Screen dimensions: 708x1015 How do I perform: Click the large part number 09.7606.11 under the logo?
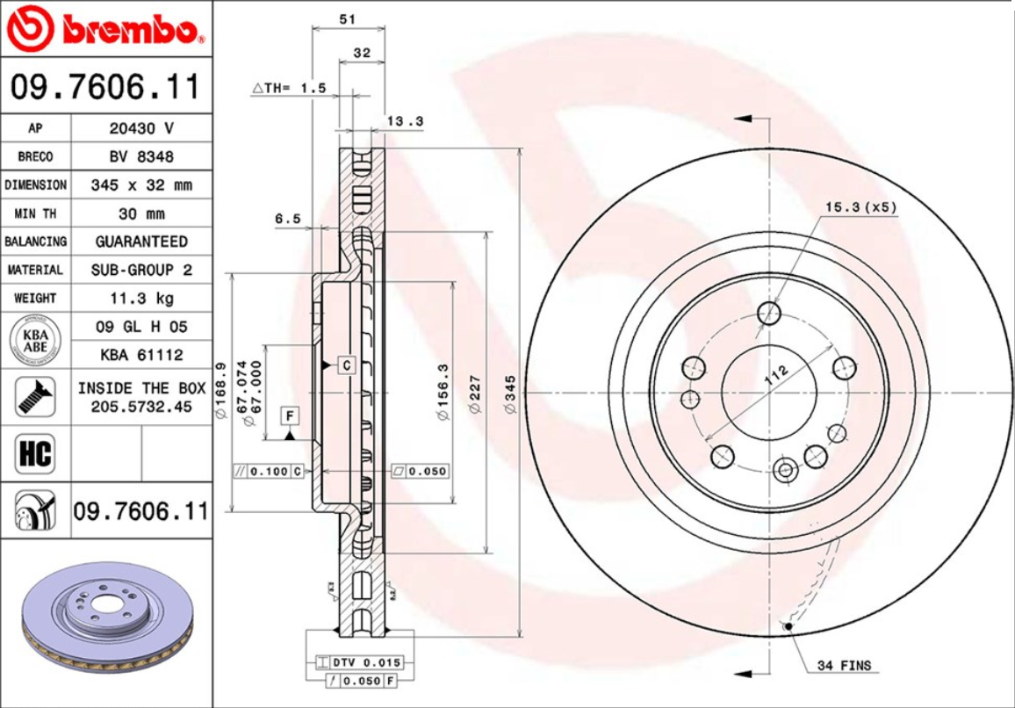pyautogui.click(x=105, y=87)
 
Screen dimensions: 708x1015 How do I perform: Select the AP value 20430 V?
pyautogui.click(x=141, y=128)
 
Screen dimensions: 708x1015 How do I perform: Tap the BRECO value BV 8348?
pyautogui.click(x=141, y=156)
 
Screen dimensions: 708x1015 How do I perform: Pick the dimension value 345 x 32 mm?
pyautogui.click(x=141, y=185)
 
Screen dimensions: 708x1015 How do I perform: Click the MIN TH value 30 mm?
pyautogui.click(x=141, y=213)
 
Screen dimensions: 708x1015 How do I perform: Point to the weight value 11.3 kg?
pyautogui.click(x=141, y=298)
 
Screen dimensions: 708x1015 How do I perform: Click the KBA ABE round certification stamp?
pyautogui.click(x=35, y=341)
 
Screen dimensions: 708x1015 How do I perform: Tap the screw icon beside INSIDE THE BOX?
pyautogui.click(x=35, y=397)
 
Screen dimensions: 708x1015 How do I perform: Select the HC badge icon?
pyautogui.click(x=35, y=454)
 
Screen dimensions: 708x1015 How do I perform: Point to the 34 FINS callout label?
pyautogui.click(x=844, y=665)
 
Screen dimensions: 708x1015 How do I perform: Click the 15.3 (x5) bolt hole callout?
pyautogui.click(x=860, y=207)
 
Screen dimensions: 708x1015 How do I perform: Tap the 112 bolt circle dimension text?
pyautogui.click(x=776, y=374)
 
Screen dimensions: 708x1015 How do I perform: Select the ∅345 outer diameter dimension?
pyautogui.click(x=508, y=396)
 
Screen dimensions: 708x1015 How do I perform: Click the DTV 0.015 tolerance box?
pyautogui.click(x=361, y=662)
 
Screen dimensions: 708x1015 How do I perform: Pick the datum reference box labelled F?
pyautogui.click(x=289, y=415)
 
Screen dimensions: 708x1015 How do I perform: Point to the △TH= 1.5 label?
pyautogui.click(x=290, y=88)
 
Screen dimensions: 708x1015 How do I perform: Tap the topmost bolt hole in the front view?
pyautogui.click(x=769, y=313)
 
